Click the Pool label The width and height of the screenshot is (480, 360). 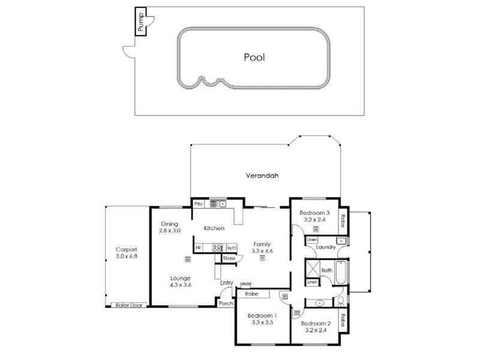pos(254,58)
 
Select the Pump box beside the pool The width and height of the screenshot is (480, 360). pos(140,22)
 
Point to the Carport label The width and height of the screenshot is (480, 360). pos(127,250)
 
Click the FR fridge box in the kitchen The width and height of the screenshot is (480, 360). pos(198,247)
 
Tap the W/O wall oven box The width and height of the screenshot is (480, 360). pos(232,247)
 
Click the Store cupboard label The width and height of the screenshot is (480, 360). pos(229,259)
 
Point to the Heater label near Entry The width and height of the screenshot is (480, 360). pos(245,284)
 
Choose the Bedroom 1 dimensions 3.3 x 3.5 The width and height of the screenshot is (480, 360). pos(262,323)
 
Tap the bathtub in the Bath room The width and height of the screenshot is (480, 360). pos(340,273)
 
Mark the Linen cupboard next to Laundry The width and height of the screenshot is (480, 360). pos(311,240)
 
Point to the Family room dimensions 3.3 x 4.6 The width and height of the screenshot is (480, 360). pos(262,251)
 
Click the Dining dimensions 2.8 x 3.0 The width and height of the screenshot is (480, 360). pos(170,230)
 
